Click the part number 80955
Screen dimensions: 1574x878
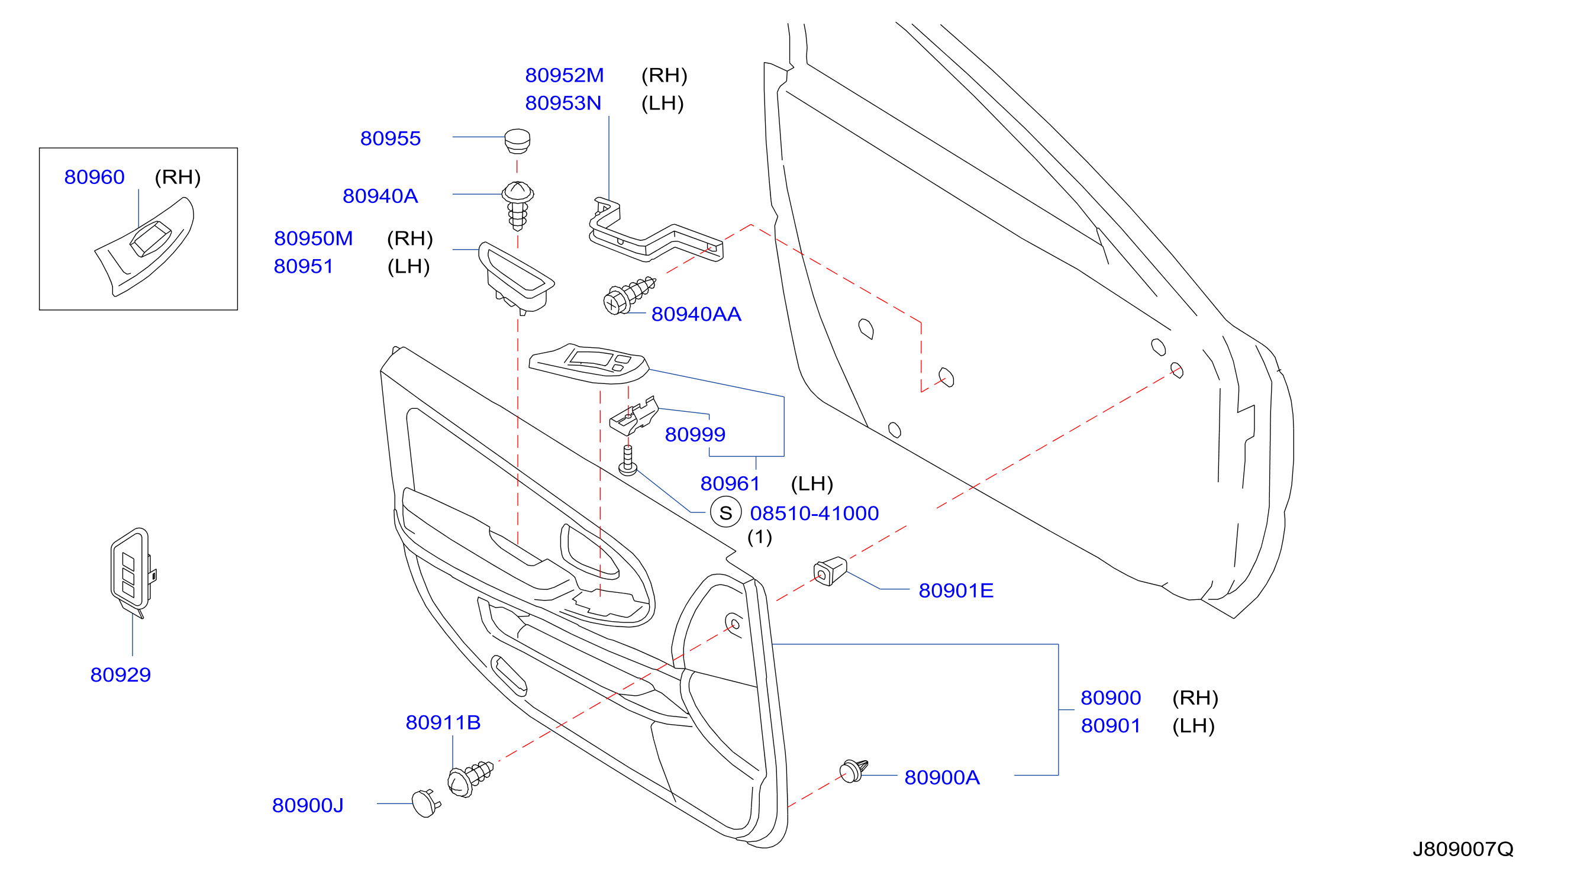[x=390, y=138]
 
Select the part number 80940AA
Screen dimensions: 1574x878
[x=696, y=314]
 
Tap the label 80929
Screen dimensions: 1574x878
[x=120, y=675]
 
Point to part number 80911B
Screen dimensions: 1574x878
[x=443, y=723]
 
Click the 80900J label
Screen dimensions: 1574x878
[x=307, y=806]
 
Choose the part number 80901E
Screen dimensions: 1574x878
[x=956, y=591]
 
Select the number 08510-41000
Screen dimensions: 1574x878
[x=814, y=513]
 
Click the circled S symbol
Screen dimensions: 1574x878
[x=725, y=512]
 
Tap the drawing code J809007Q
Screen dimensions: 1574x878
[x=1463, y=849]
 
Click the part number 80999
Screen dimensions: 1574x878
[x=695, y=434]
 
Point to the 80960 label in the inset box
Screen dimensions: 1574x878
[x=94, y=177]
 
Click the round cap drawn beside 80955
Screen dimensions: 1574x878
[x=517, y=141]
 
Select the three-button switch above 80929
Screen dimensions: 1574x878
[x=132, y=572]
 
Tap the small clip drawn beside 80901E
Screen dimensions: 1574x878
[x=830, y=572]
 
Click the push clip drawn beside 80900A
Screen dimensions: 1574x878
[x=854, y=770]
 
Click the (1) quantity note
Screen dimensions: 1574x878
[x=760, y=537]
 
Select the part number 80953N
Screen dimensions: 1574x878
[x=563, y=104]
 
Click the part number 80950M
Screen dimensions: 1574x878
[x=313, y=238]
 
